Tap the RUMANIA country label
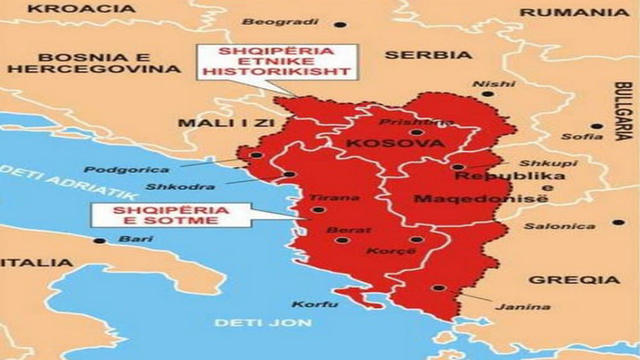pyautogui.click(x=574, y=12)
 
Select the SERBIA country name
pyautogui.click(x=428, y=55)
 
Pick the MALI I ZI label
pyautogui.click(x=209, y=125)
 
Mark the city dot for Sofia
pyautogui.click(x=596, y=126)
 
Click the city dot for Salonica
pyautogui.click(x=618, y=222)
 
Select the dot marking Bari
pyautogui.click(x=100, y=241)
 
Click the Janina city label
pyautogui.click(x=510, y=307)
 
